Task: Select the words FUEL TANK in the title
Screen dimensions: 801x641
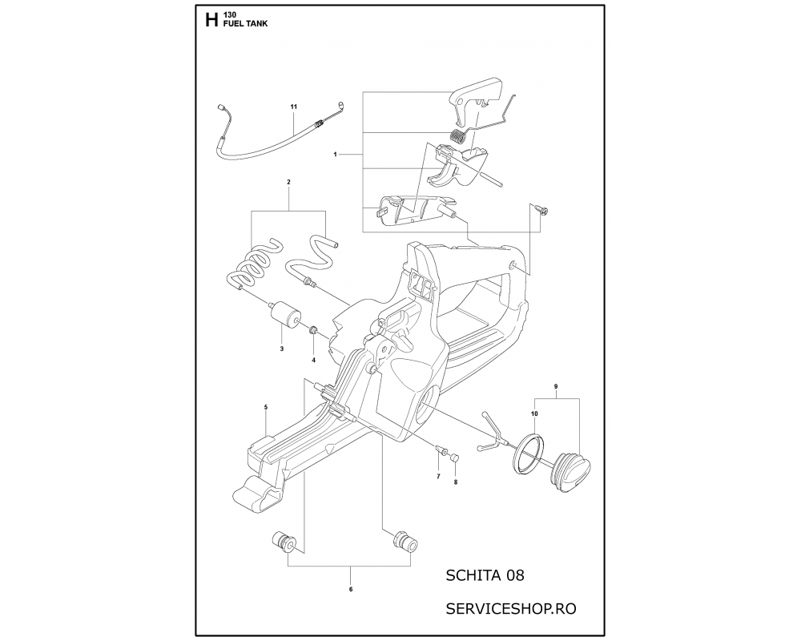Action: coord(245,24)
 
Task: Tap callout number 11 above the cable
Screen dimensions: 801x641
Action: coord(294,107)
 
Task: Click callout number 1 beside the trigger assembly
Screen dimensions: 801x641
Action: coord(335,155)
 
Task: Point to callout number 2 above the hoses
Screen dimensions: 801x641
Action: coord(288,182)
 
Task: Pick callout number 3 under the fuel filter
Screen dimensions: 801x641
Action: coord(281,349)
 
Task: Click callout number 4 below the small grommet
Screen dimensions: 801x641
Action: coord(314,360)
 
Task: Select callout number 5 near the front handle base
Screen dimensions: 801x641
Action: coord(266,407)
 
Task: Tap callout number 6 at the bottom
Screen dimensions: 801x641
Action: coord(351,590)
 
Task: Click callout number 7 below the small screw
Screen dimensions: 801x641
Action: coord(438,477)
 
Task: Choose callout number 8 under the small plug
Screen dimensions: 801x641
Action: coord(456,482)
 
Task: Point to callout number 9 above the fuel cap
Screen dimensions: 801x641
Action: coord(556,386)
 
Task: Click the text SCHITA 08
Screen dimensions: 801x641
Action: coord(485,575)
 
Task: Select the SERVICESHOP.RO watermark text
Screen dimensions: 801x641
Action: coord(511,609)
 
